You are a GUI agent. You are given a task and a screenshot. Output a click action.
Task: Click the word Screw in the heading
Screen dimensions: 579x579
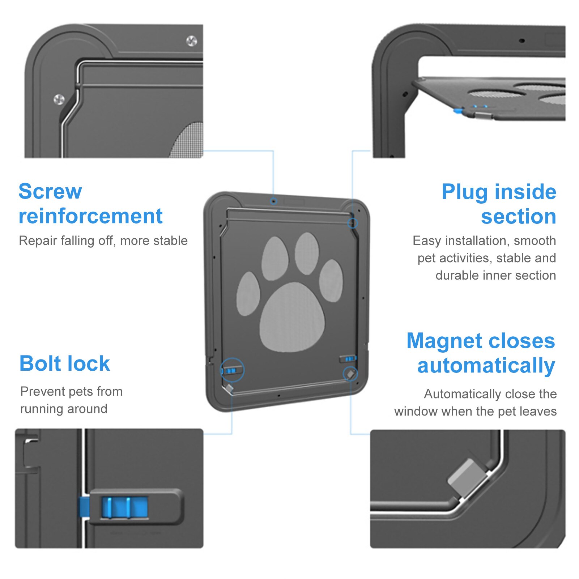(50, 191)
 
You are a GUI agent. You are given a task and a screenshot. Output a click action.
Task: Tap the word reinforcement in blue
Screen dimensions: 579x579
(90, 216)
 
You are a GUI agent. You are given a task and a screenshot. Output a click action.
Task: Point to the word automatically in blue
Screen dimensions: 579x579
(486, 366)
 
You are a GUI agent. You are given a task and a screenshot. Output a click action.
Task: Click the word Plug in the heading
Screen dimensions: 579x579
(464, 192)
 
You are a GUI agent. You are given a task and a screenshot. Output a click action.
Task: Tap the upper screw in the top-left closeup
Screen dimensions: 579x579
(191, 41)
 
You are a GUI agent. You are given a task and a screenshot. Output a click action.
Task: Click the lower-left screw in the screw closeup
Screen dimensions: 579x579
(59, 99)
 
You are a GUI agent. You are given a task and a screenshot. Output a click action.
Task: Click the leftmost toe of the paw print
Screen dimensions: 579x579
(248, 294)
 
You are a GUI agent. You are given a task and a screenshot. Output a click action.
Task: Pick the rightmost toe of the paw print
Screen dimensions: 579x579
(331, 281)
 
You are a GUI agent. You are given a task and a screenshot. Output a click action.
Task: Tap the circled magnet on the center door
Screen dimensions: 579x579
(350, 374)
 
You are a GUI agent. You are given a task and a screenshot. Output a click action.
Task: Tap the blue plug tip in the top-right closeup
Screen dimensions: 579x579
(458, 111)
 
